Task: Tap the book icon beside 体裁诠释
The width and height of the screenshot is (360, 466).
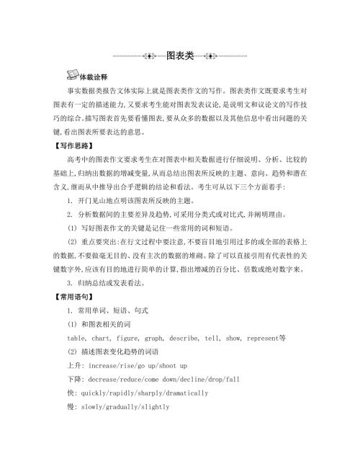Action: point(72,75)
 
